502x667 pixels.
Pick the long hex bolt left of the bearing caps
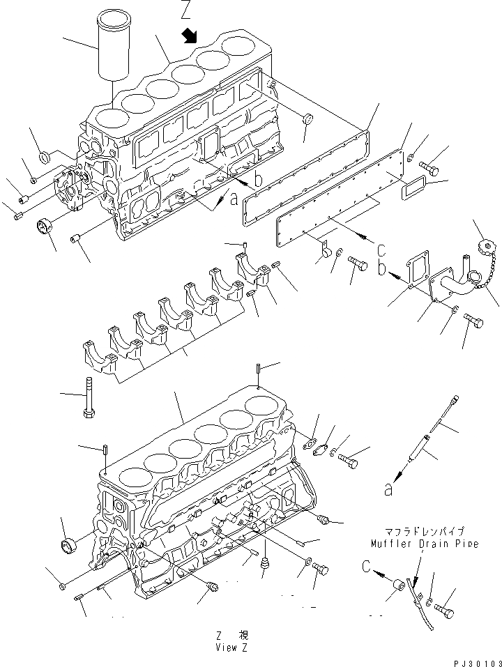[89, 397]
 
